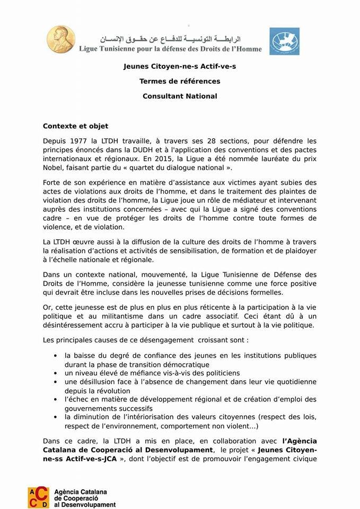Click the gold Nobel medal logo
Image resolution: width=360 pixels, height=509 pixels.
(x=59, y=40)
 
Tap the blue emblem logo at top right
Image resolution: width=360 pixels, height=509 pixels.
(x=284, y=41)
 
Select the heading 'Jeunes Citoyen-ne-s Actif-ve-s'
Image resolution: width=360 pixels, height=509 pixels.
(x=180, y=67)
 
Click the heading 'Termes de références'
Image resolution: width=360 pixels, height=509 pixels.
(x=180, y=82)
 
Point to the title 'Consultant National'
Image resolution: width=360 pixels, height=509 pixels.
(x=180, y=96)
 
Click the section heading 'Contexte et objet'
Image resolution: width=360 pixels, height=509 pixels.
(x=75, y=126)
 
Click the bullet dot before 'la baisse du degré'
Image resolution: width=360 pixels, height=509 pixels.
(x=55, y=356)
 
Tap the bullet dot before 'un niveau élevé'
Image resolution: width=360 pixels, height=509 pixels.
(x=55, y=373)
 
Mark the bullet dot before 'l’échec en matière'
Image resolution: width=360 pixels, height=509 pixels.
(x=55, y=399)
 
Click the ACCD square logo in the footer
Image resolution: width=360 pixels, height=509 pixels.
(x=38, y=497)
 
